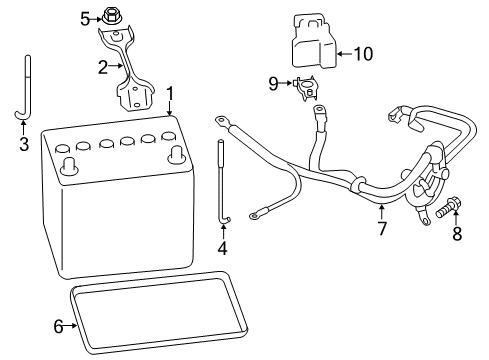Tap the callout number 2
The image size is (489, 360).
point(102,67)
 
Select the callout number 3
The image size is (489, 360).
point(23,143)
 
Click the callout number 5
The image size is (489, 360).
point(85,17)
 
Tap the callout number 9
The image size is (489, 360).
point(273,84)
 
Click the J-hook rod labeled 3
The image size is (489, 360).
point(28,95)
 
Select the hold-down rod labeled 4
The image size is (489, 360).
point(220,185)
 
